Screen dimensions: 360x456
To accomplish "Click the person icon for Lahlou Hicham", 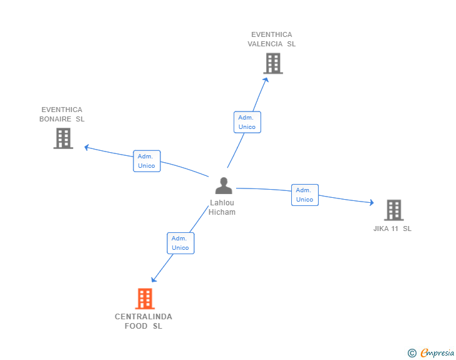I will [224, 186].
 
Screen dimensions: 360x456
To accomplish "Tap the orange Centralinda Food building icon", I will [145, 299].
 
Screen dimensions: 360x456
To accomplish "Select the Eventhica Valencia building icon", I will [272, 63].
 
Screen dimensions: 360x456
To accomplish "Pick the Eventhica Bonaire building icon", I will [63, 138].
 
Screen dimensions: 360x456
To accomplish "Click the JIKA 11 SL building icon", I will [393, 210].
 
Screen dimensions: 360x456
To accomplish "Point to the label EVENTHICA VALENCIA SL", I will [271, 39].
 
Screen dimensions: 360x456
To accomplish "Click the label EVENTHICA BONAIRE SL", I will [62, 115].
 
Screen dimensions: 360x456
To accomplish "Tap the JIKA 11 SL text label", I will [392, 229].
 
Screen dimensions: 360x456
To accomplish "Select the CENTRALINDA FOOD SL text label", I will [143, 321].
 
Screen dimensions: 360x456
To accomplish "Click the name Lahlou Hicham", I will [222, 207].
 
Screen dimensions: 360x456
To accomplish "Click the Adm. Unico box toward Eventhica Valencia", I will [247, 122].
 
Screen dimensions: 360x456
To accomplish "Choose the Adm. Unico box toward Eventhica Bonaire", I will [147, 161].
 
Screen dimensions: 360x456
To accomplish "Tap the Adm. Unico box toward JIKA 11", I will [304, 195].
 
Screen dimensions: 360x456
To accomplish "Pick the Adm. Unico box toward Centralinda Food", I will [180, 243].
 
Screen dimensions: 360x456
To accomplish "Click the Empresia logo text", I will [438, 353].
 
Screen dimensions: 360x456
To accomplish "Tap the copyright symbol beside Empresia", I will [412, 353].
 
